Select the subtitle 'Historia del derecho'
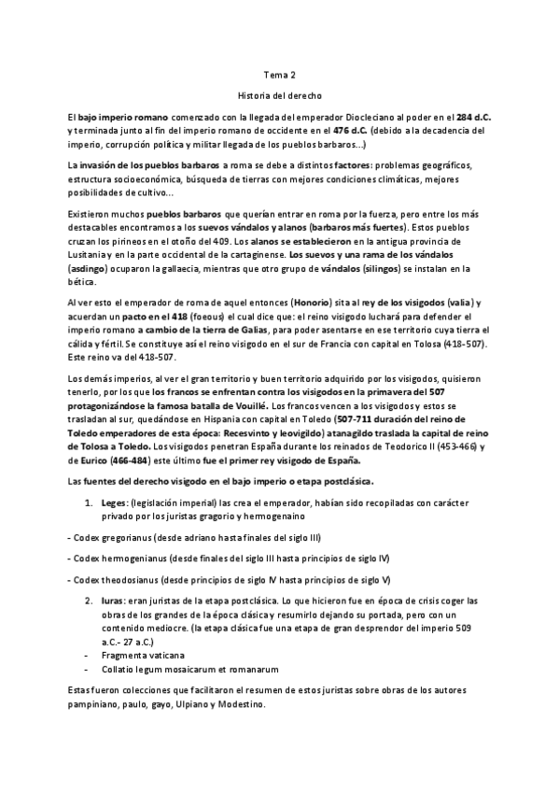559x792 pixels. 278,95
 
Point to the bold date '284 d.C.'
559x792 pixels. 472,118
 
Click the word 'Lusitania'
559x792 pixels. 91,254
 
